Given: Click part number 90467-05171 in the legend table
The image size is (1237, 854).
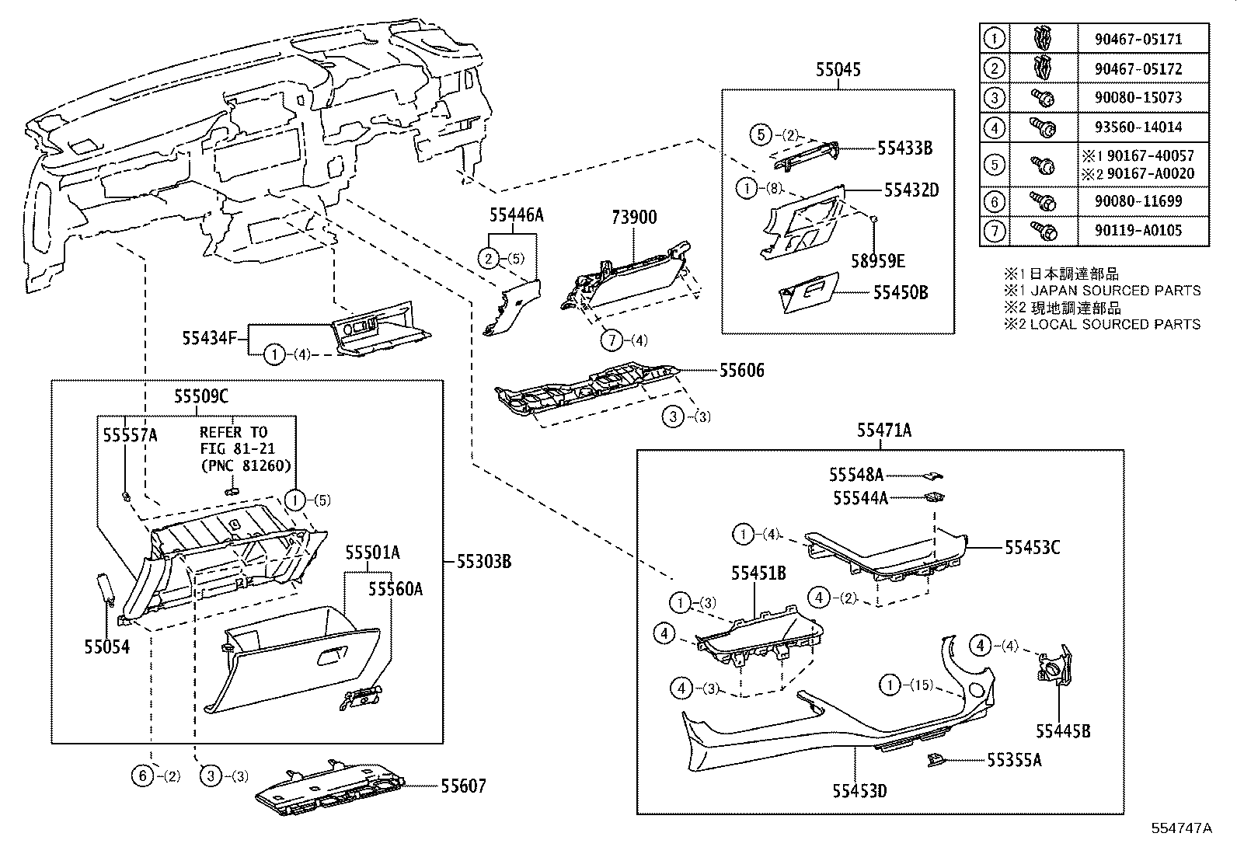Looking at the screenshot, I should click(1142, 38).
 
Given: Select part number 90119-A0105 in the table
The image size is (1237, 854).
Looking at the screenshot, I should click(1142, 231).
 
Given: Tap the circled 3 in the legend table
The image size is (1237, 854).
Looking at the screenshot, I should click(994, 98).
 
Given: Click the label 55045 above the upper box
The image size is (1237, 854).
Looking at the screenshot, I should click(838, 70).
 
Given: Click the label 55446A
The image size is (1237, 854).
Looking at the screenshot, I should click(516, 215).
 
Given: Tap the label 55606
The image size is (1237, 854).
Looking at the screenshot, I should click(741, 371).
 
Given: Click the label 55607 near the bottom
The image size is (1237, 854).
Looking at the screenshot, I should click(463, 786).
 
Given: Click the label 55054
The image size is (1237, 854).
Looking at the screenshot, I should click(106, 647).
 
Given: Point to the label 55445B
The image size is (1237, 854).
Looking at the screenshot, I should click(1062, 731).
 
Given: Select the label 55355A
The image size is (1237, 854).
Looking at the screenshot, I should click(1014, 761).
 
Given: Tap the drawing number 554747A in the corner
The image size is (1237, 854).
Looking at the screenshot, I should click(1181, 828).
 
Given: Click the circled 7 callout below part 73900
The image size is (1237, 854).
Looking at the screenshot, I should click(612, 340).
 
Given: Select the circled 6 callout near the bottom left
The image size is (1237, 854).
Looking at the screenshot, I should click(141, 775).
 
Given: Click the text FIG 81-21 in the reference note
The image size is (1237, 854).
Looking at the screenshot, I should click(233, 448).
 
